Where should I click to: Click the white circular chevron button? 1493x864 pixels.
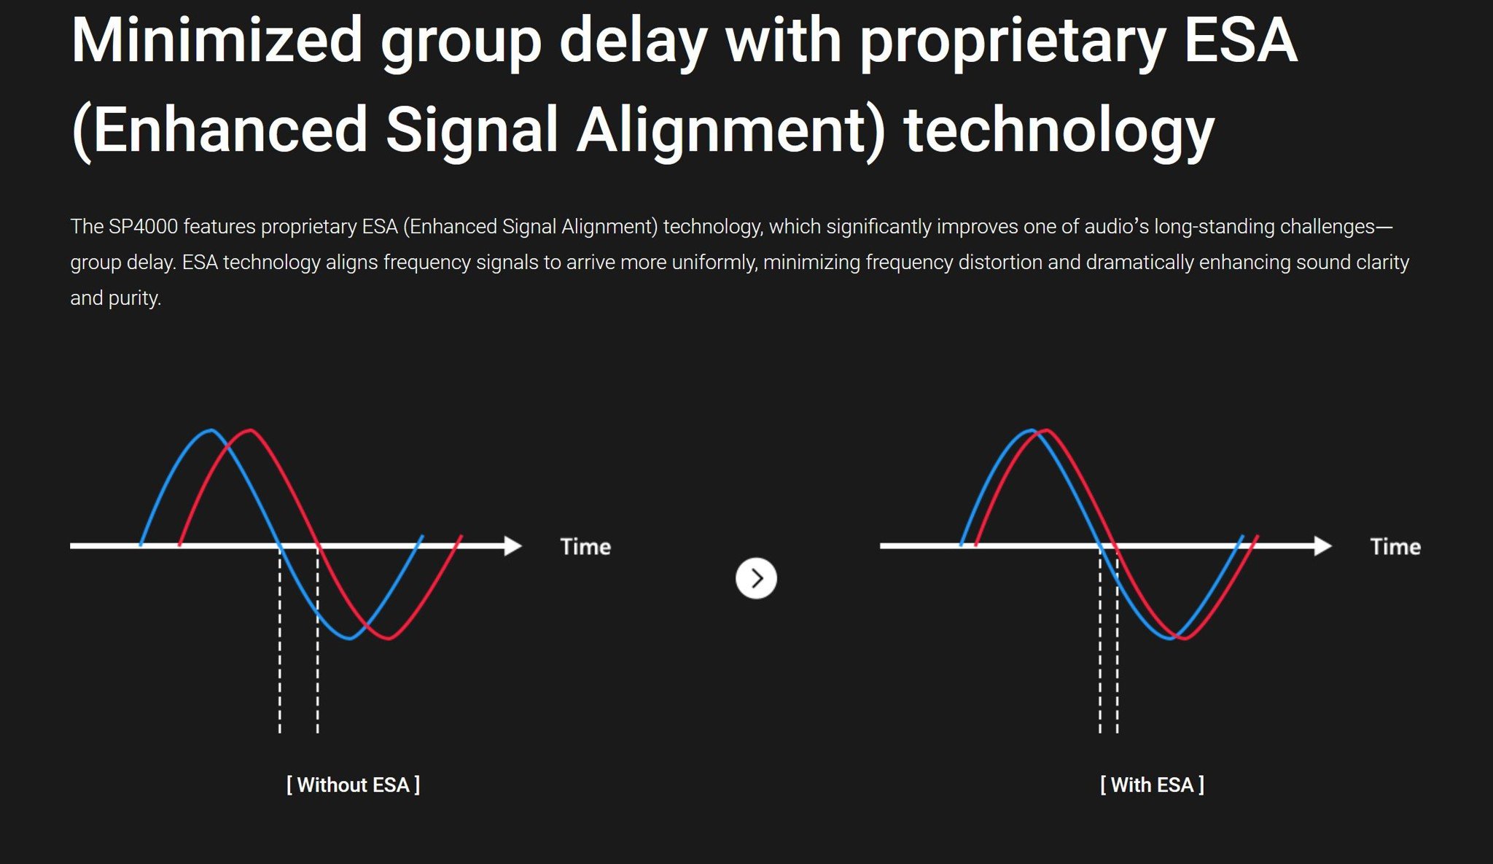pos(756,578)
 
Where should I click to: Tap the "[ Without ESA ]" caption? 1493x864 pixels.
pos(353,785)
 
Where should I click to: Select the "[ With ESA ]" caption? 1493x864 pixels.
pos(1152,785)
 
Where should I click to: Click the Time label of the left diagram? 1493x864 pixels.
pos(585,547)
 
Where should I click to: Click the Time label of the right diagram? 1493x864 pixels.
pos(1395,547)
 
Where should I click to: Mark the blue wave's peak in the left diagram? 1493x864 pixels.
pos(211,430)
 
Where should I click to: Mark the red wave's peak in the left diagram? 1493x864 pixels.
pos(250,430)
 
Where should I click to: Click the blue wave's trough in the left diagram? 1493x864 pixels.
pos(350,638)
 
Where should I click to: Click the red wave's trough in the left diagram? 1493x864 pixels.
pos(389,638)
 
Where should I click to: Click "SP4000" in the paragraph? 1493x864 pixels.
pos(144,227)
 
